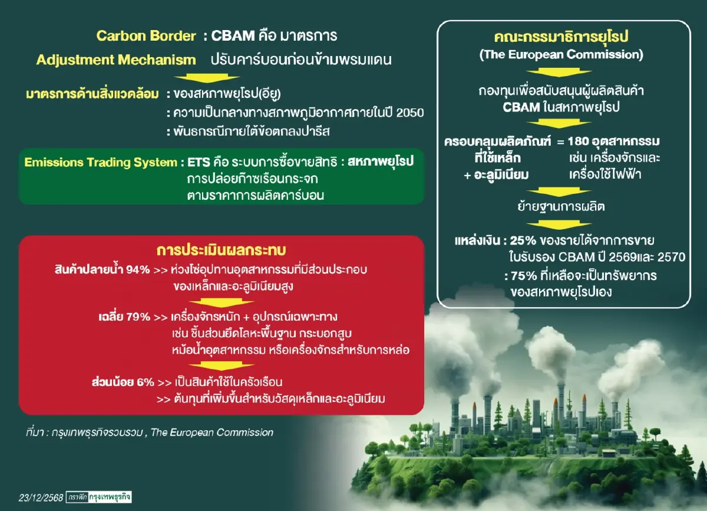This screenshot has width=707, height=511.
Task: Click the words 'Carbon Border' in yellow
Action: coord(146,35)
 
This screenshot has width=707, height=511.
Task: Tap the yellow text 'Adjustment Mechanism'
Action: coord(115,60)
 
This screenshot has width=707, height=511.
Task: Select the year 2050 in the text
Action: coord(410,113)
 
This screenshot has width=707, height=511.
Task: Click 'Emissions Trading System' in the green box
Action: coord(100,162)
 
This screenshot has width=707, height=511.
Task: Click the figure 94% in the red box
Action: coord(138,270)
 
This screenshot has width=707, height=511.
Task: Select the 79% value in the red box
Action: coord(138,317)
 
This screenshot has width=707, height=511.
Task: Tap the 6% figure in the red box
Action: coord(144,381)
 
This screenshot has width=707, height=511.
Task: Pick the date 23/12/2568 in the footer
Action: coord(41,497)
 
